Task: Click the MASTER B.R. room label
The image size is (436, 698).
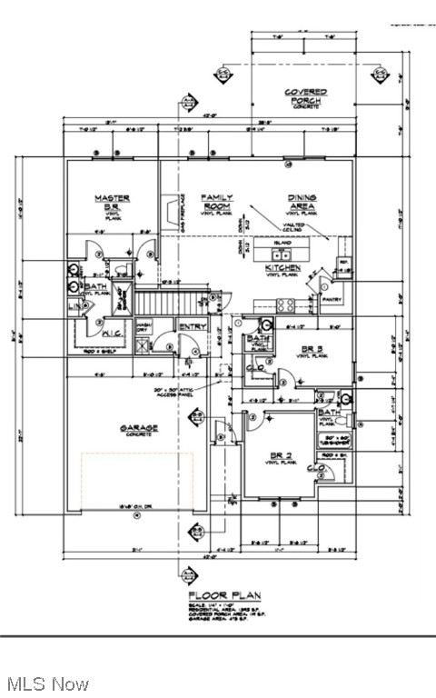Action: (x=113, y=203)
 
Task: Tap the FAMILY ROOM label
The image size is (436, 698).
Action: (x=217, y=202)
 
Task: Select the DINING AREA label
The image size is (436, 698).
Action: (x=302, y=203)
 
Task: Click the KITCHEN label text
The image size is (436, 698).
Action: (x=282, y=269)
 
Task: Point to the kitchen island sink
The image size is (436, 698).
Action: (x=282, y=246)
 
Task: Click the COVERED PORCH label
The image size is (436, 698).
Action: (x=305, y=96)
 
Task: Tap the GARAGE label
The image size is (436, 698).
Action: (x=138, y=428)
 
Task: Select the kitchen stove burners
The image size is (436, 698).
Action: (x=284, y=304)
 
